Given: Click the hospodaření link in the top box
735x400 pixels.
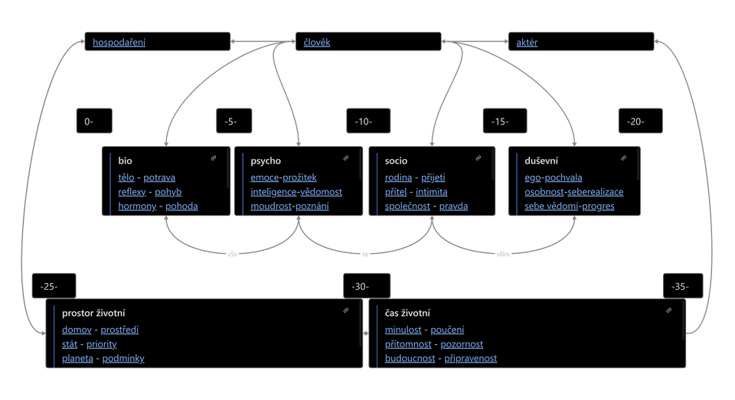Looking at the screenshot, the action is pyautogui.click(x=119, y=42).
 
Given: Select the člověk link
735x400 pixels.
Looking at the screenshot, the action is pyautogui.click(x=317, y=42).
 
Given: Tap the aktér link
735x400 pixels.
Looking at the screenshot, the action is pyautogui.click(x=527, y=42).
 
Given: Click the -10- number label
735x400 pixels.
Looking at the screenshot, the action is pyautogui.click(x=364, y=122).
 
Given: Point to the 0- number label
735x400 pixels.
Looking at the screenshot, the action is pyautogui.click(x=89, y=122).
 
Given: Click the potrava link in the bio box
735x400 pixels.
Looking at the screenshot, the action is pyautogui.click(x=159, y=177).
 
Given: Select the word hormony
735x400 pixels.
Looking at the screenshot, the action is pyautogui.click(x=137, y=206).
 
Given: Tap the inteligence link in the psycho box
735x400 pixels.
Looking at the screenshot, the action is pyautogui.click(x=273, y=192).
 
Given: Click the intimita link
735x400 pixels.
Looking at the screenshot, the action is pyautogui.click(x=432, y=192).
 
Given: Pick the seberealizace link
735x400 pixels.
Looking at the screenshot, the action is pyautogui.click(x=596, y=192).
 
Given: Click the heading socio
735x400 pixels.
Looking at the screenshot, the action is pyautogui.click(x=396, y=161).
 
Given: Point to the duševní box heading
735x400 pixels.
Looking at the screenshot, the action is pyautogui.click(x=541, y=161).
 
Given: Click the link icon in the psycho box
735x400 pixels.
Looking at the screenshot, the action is pyautogui.click(x=346, y=158).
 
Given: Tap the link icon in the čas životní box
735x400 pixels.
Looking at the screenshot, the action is pyautogui.click(x=669, y=310).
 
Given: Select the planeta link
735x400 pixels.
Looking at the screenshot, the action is pyautogui.click(x=77, y=358).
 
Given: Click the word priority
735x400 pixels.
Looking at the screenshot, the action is pyautogui.click(x=102, y=344).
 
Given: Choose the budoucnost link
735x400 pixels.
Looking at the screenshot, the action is pyautogui.click(x=410, y=358).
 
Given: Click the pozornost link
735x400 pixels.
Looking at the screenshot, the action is pyautogui.click(x=462, y=344).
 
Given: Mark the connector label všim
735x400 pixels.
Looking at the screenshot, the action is pyautogui.click(x=503, y=255).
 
